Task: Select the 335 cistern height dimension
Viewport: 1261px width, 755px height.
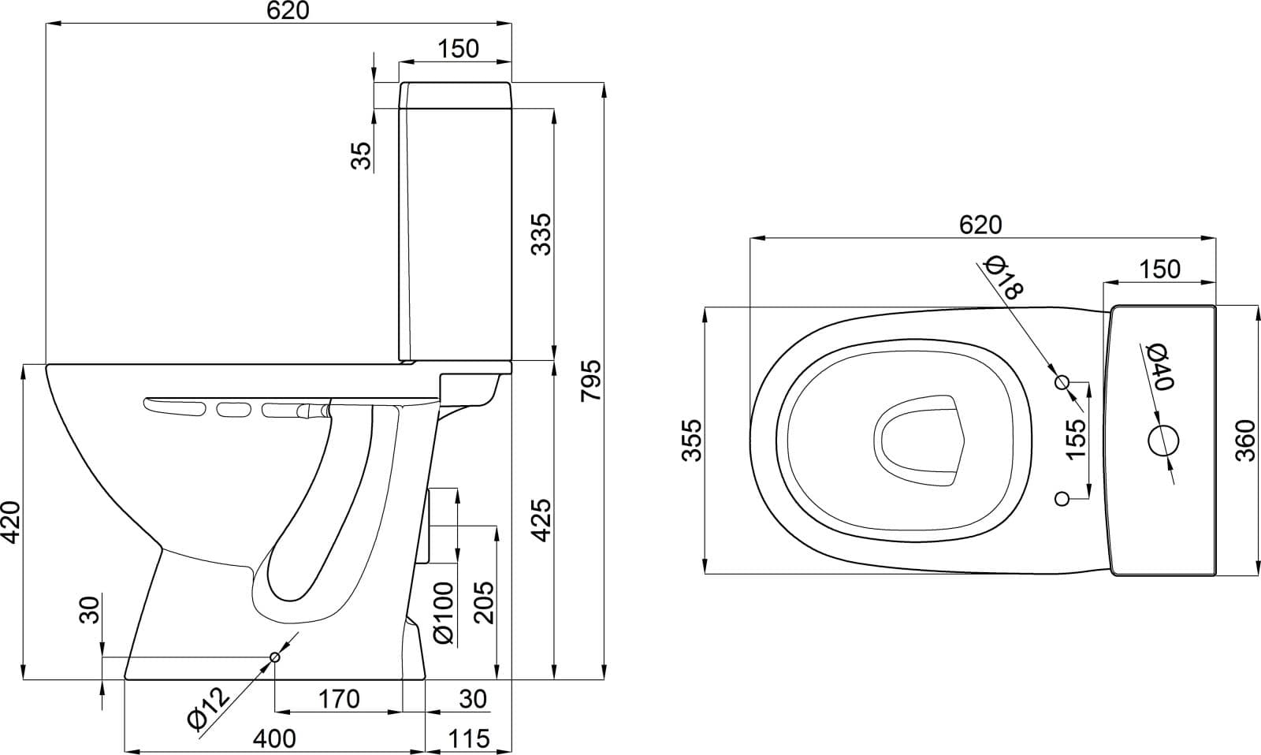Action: [542, 234]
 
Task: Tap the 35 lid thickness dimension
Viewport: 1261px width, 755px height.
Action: [362, 155]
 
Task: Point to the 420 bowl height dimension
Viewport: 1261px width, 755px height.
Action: [11, 523]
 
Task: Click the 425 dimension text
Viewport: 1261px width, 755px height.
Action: [542, 520]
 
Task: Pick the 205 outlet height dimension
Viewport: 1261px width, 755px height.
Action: [484, 602]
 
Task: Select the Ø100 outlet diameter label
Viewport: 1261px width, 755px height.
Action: [444, 613]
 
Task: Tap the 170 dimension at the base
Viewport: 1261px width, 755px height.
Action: [339, 699]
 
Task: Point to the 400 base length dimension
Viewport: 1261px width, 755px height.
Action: [274, 738]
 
